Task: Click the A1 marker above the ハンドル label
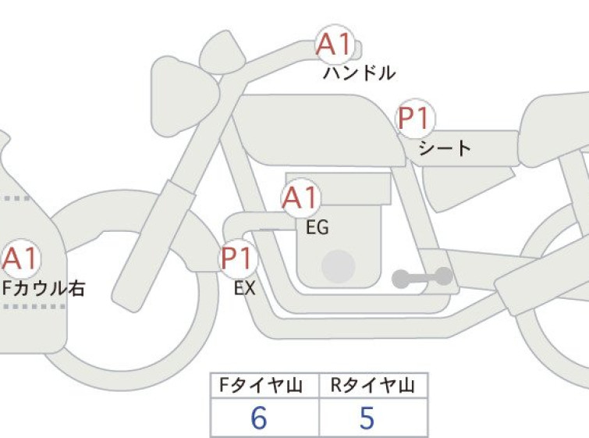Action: coord(335,45)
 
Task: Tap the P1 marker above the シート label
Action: coord(415,118)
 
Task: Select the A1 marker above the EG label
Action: coord(300,198)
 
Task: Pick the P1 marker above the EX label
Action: coord(238,258)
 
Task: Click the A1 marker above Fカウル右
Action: coord(20,258)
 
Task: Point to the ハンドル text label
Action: coord(359,73)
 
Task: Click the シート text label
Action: coord(445,148)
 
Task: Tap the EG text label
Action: coord(317,227)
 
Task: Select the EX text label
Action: coord(244,288)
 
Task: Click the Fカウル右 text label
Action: coord(43,288)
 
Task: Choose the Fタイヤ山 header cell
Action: coord(264,386)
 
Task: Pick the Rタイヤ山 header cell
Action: coord(373,386)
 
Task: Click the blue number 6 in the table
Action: coord(259,418)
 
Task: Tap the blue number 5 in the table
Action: coord(367,418)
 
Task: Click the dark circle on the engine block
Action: coord(338,266)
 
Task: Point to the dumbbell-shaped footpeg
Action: coord(422,277)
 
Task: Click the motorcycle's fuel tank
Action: coord(319,130)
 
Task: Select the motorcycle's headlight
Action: coord(184,96)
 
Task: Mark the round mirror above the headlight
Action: coord(222,52)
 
